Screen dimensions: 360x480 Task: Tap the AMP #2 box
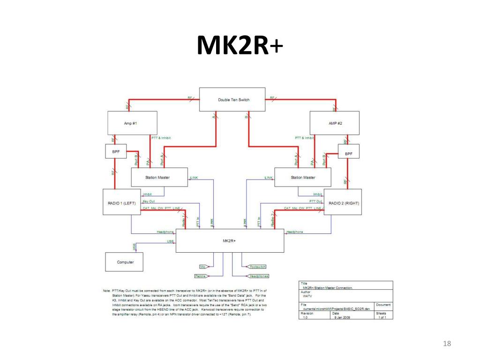tap(335, 123)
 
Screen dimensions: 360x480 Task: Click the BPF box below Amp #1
tap(115, 151)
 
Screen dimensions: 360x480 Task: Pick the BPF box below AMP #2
tap(349, 153)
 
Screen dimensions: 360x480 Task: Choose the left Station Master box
tap(159, 177)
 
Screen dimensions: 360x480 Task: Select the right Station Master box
tap(302, 177)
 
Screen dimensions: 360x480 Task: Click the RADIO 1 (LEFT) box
tap(122, 202)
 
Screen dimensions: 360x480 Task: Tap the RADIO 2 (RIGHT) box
tap(343, 202)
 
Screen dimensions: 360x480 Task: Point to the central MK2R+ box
tap(230, 241)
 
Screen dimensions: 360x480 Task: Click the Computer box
tap(125, 262)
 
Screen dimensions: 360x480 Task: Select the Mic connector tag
tap(203, 267)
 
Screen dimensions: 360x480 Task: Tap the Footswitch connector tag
tap(257, 267)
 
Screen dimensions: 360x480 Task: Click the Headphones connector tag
tap(259, 276)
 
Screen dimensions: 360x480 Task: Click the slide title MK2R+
tap(240, 46)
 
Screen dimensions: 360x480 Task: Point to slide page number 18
tap(446, 345)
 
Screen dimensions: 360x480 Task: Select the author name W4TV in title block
tap(307, 296)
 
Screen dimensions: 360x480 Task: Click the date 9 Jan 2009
tap(339, 317)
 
